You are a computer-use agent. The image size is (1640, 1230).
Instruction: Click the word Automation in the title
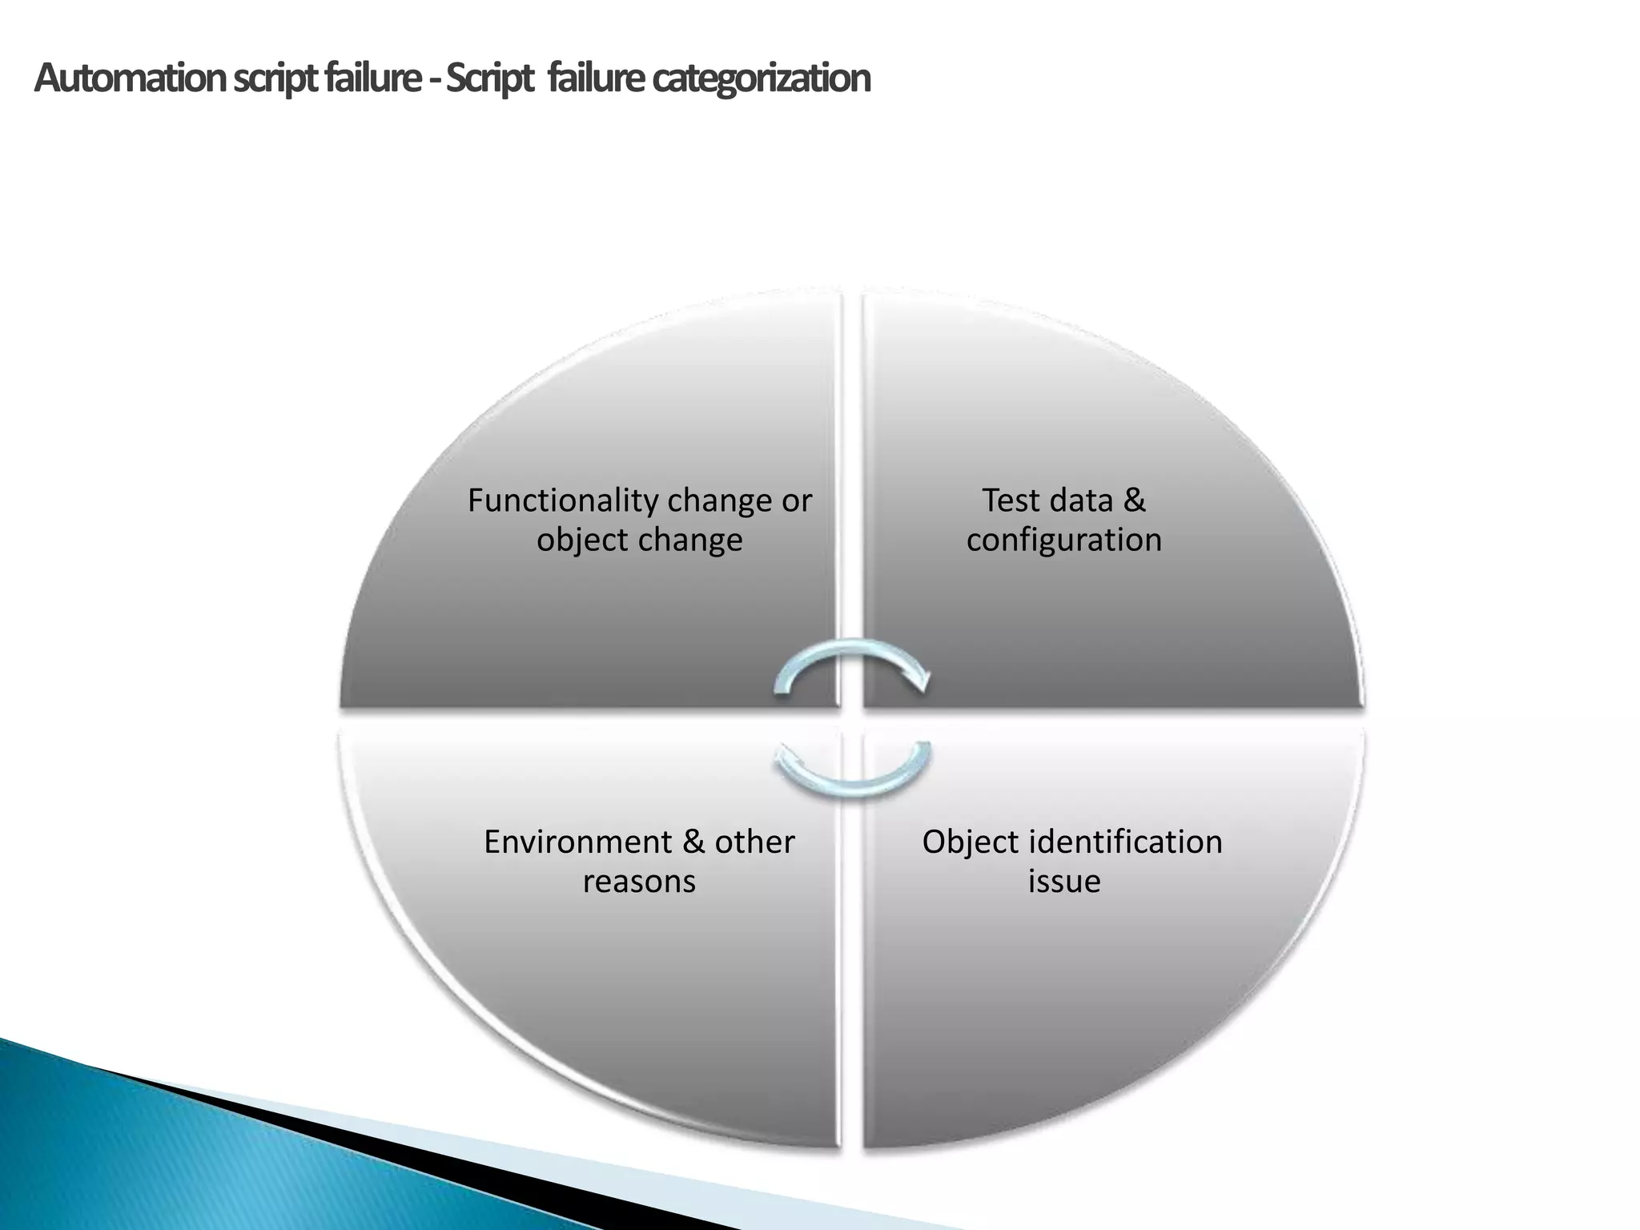[x=131, y=78]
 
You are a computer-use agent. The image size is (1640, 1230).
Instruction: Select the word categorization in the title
[x=761, y=78]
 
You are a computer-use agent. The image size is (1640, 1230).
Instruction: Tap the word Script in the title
[x=488, y=78]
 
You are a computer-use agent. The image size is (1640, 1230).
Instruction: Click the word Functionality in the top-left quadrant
[x=563, y=501]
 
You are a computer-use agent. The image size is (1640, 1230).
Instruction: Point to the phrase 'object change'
[x=639, y=540]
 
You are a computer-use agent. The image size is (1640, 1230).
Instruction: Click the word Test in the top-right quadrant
[x=1011, y=500]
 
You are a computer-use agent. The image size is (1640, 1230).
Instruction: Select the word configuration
[x=1063, y=540]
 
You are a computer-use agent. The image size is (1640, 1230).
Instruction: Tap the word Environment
[x=578, y=842]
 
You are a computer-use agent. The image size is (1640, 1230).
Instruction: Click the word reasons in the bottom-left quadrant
[x=639, y=882]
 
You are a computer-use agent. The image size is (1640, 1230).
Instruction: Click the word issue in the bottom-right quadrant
[x=1063, y=882]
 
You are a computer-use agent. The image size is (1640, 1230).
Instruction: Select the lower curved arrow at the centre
[x=852, y=772]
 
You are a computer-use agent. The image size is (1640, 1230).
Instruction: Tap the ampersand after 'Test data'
[x=1134, y=500]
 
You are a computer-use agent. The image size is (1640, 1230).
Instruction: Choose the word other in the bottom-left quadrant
[x=754, y=842]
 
